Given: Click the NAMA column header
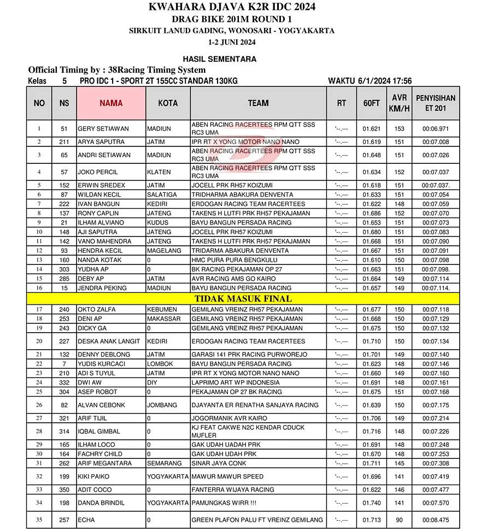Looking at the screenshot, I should [111, 103].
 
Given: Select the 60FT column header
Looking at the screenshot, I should [371, 103].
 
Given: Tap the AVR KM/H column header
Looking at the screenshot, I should [399, 103].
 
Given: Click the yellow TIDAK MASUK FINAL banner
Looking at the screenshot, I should [243, 298].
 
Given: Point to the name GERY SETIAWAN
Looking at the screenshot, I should [103, 129].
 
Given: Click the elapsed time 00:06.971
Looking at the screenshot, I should [436, 129].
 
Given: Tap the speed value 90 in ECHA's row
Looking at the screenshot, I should [399, 520].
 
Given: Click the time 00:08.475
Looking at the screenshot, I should [436, 520].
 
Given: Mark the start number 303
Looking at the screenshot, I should [65, 269].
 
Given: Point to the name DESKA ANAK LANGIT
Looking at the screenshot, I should [109, 341].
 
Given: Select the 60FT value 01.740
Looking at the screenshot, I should [371, 503].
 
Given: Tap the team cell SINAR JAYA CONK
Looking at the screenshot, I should [219, 463].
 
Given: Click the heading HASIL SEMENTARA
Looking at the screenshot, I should [220, 59].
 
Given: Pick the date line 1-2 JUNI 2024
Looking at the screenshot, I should [232, 42].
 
